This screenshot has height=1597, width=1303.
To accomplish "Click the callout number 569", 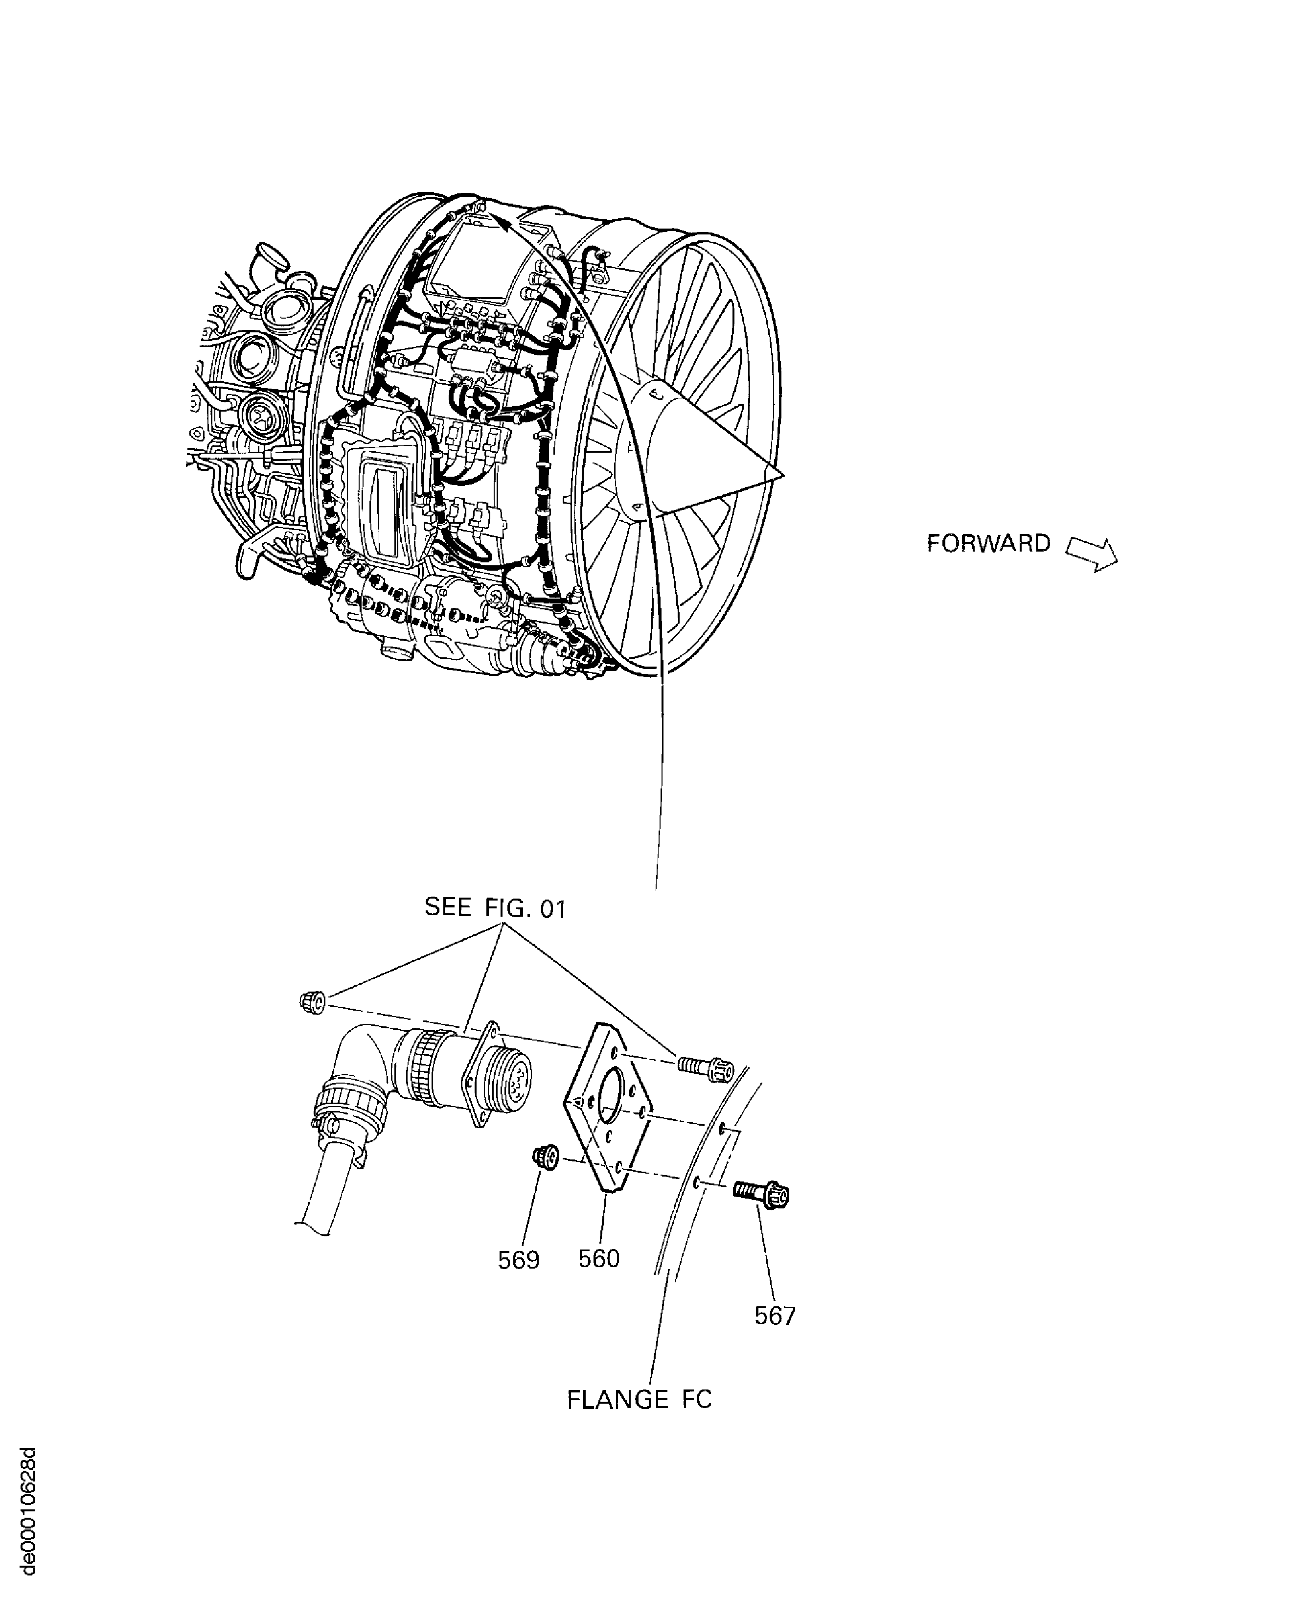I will pyautogui.click(x=519, y=1259).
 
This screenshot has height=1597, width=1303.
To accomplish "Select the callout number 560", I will pyautogui.click(x=598, y=1258).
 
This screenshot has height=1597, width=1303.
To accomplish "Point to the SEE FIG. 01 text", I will pyautogui.click(x=495, y=908).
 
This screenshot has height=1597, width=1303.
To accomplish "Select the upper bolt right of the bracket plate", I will pyautogui.click(x=706, y=1067).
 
